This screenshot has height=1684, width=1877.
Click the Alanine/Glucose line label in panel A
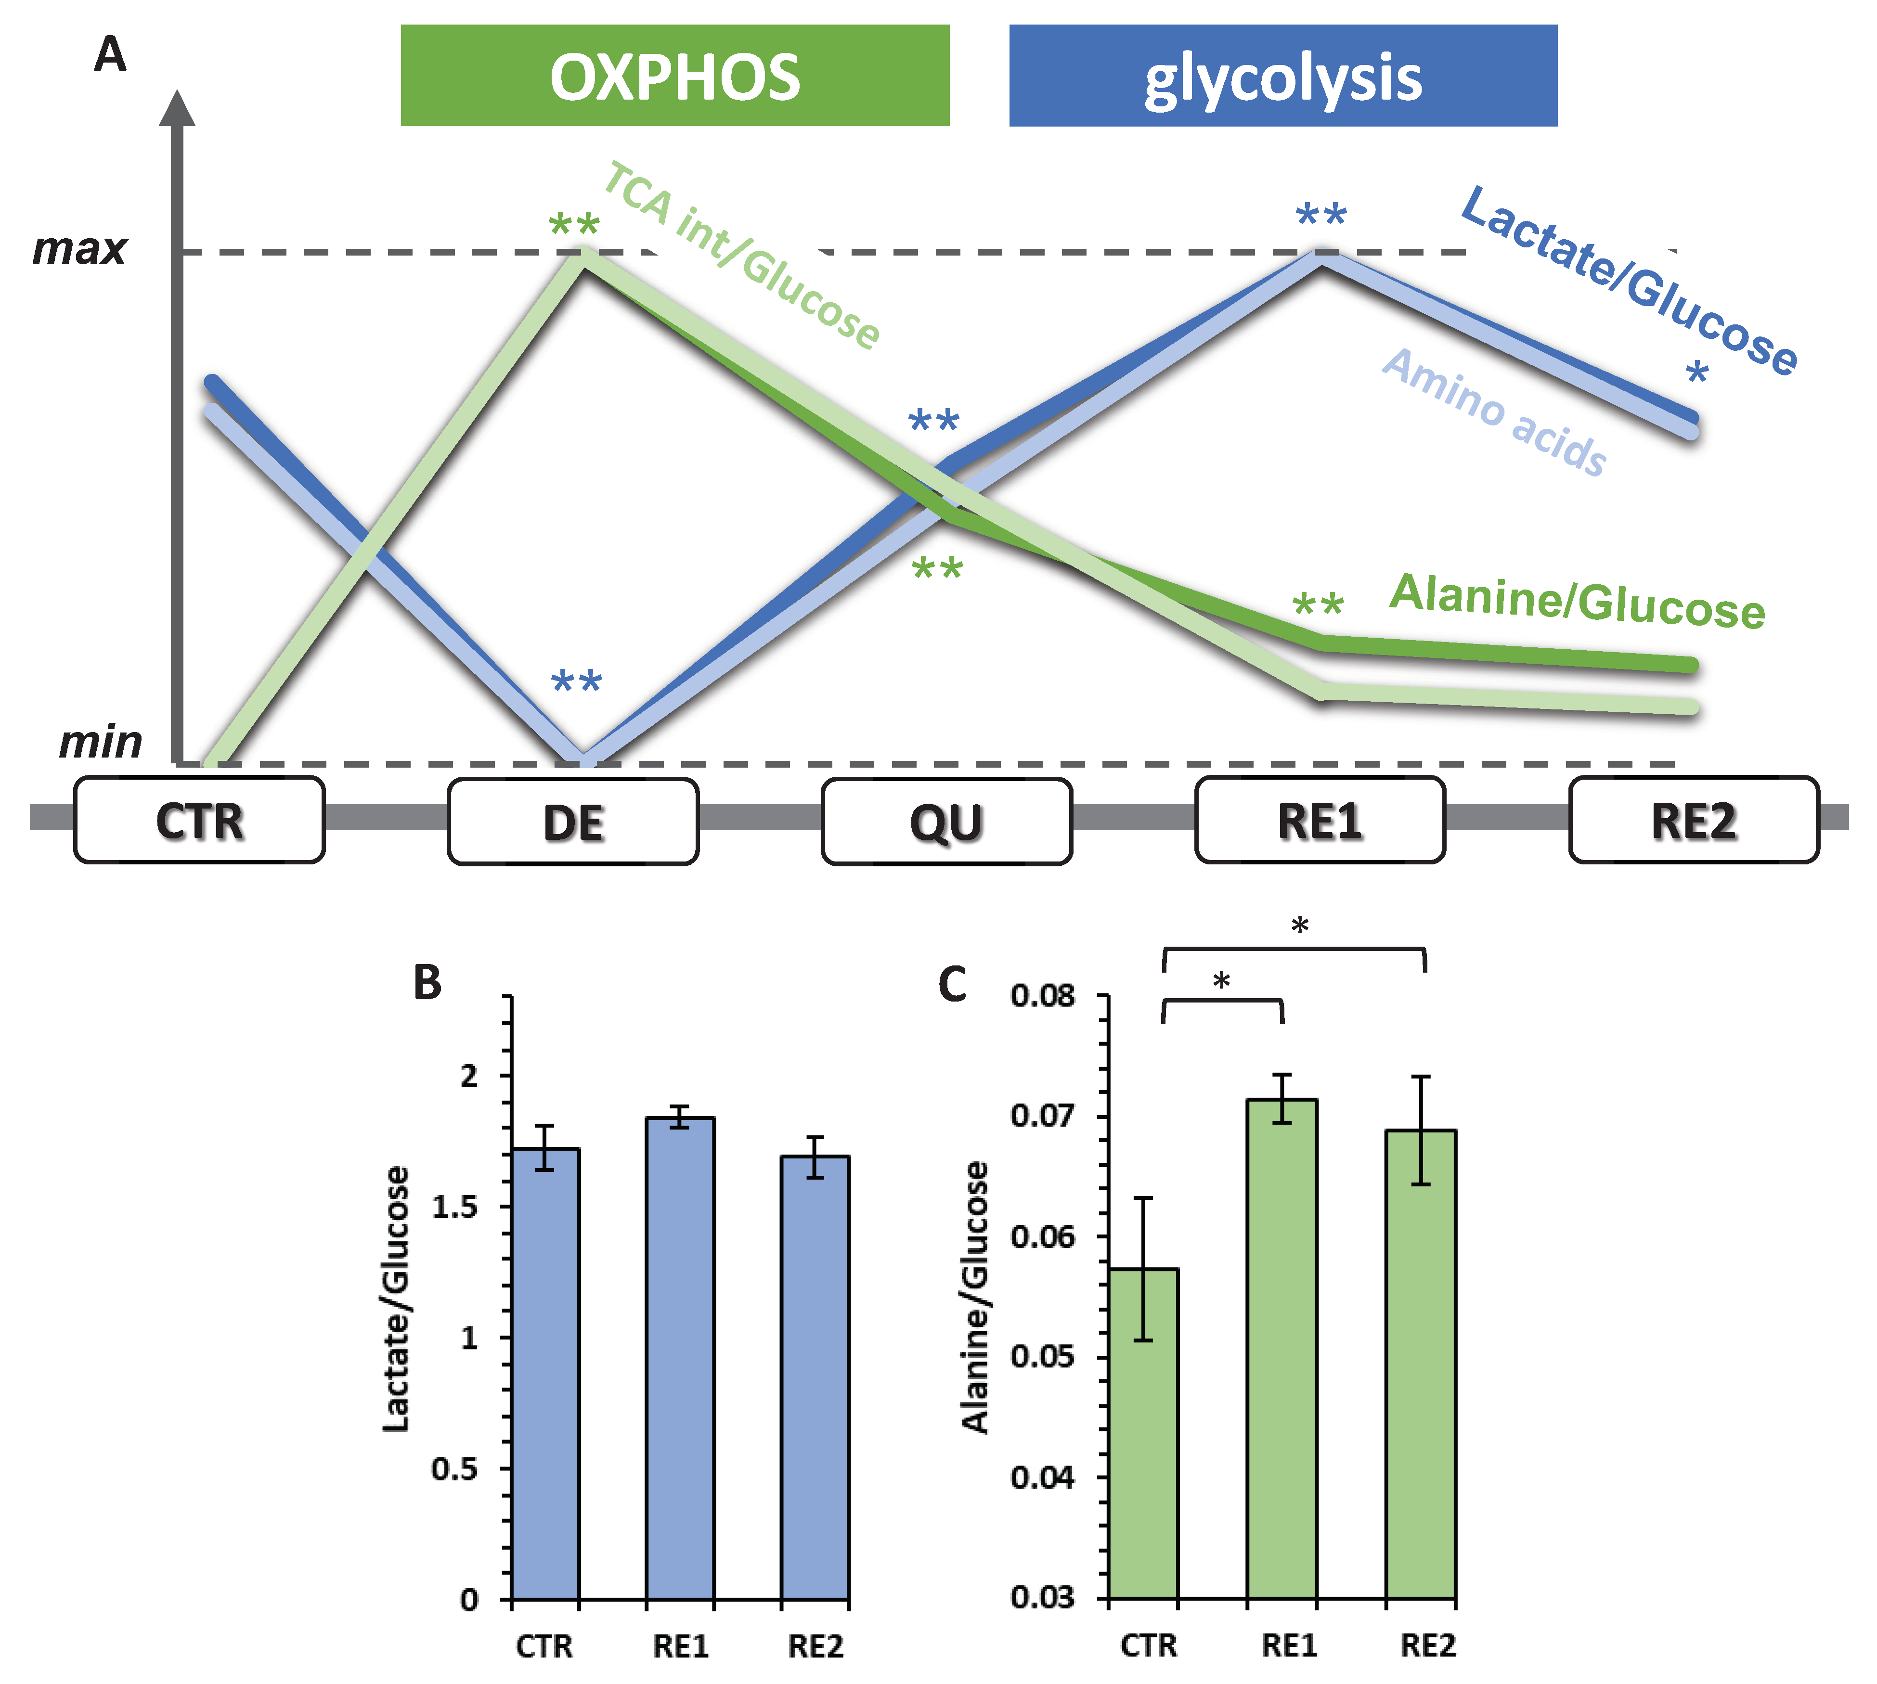1577,602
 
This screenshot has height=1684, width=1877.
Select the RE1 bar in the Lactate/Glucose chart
680,1360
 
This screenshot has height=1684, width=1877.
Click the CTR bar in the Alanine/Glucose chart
1143,1434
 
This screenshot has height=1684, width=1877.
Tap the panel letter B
427,983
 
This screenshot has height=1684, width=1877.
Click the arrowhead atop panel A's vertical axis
177,108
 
